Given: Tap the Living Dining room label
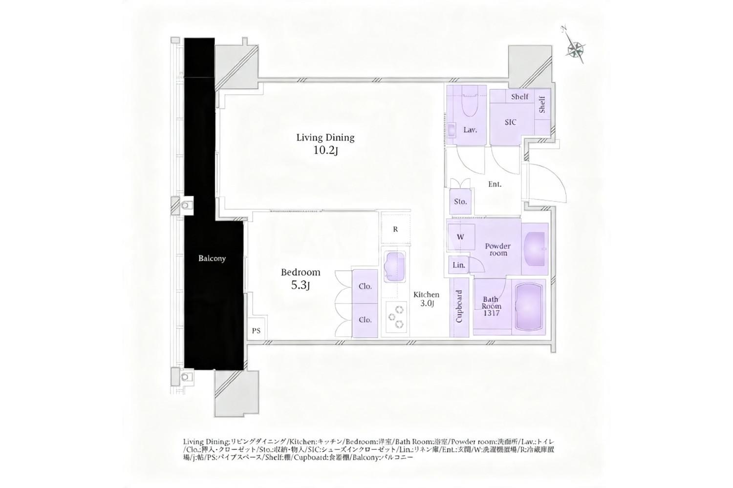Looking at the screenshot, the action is coord(325,138).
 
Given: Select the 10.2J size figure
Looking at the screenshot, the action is coord(325,150).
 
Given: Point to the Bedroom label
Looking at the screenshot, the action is coord(301,272).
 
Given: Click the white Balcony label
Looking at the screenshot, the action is coord(212,259).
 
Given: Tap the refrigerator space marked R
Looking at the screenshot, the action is coord(395,229).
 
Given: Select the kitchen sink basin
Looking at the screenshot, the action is coord(394,266).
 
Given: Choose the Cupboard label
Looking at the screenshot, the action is coord(459,306).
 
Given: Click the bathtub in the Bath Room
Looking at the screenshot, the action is coord(528,307).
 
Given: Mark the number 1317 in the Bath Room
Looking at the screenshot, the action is coord(492,313).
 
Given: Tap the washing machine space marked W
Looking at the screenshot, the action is coord(461,237).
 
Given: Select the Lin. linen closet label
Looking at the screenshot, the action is coord(459,265).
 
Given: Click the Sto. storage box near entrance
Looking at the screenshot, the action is coord(460,202).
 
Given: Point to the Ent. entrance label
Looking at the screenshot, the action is coord(495,184).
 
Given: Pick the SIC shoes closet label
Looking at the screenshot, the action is coord(511,122).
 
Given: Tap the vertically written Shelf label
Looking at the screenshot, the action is coord(542,104).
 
